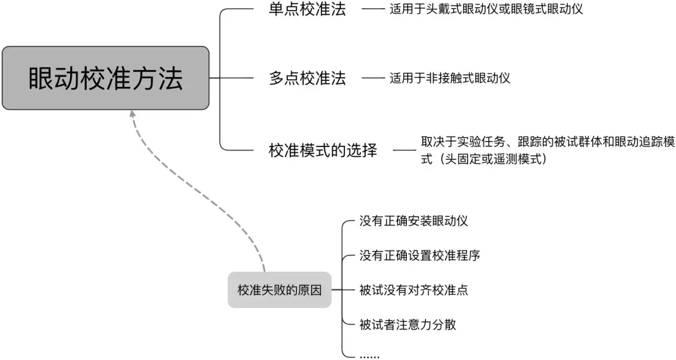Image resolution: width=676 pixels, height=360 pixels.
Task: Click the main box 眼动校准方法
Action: pyautogui.click(x=105, y=78)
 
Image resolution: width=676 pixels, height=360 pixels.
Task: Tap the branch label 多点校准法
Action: pyautogui.click(x=307, y=78)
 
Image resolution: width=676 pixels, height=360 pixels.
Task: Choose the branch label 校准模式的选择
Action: pyautogui.click(x=323, y=150)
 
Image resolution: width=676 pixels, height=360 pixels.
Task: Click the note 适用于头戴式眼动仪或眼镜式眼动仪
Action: pyautogui.click(x=486, y=10)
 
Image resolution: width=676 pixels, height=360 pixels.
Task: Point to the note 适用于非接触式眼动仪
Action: pyautogui.click(x=449, y=78)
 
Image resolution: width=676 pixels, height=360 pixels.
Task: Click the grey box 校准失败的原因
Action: pyautogui.click(x=279, y=290)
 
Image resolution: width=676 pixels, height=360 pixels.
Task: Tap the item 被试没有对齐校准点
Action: pyautogui.click(x=414, y=290)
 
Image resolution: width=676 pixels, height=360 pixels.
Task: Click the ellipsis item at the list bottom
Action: pyautogui.click(x=369, y=356)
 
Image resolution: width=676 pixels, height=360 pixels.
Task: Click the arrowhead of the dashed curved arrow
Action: pyautogui.click(x=132, y=115)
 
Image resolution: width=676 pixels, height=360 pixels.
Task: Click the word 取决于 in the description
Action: pyautogui.click(x=436, y=143)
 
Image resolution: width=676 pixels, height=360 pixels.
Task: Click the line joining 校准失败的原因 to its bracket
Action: pyautogui.click(x=336, y=290)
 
